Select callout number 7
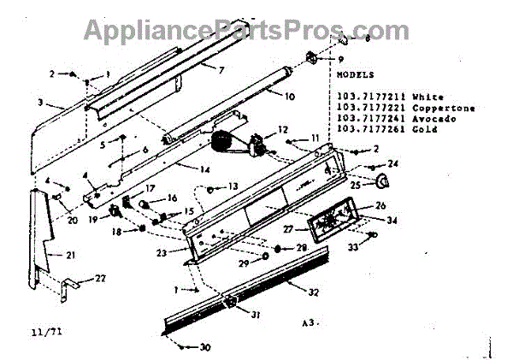[x=221, y=68]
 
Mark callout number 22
[x=101, y=280]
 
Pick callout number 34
[x=392, y=221]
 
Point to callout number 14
[x=204, y=169]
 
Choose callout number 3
[x=40, y=103]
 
